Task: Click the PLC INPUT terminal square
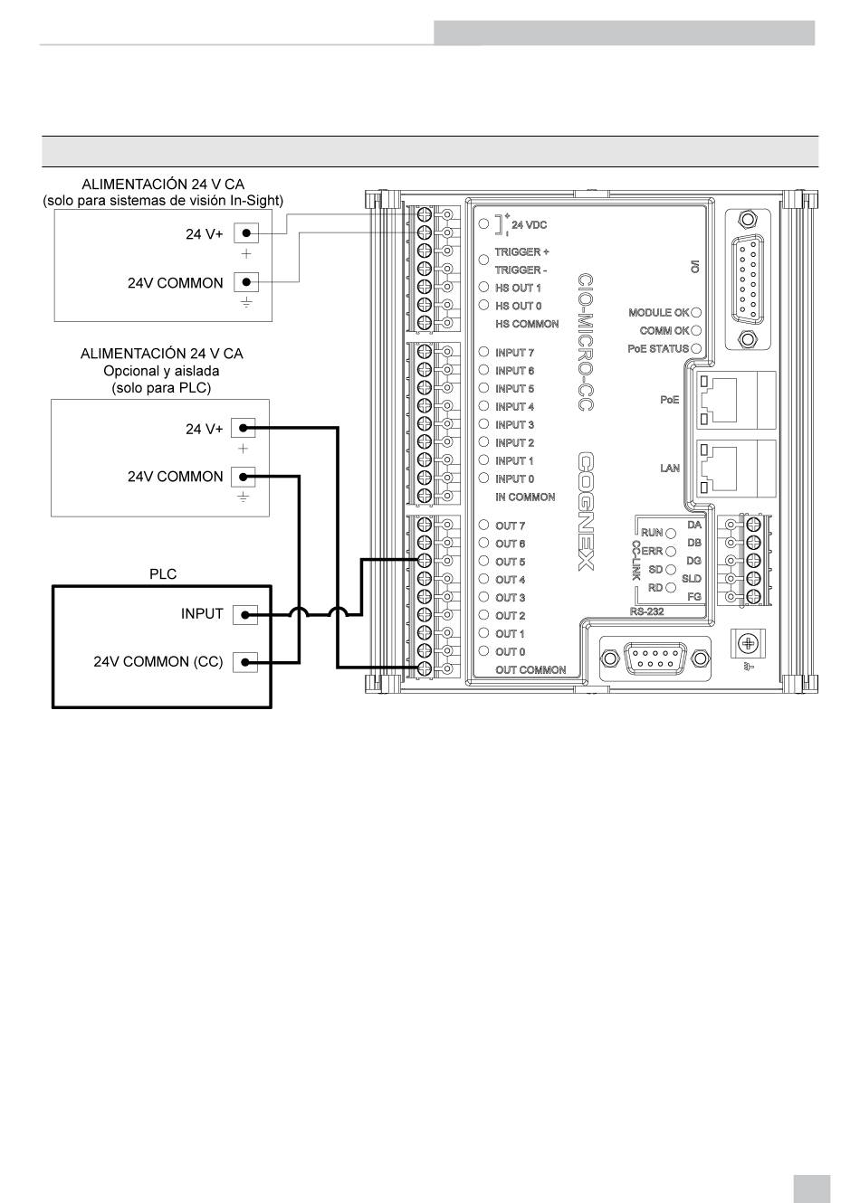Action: tap(244, 615)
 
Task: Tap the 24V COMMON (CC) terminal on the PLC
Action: tap(244, 662)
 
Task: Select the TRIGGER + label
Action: tap(521, 251)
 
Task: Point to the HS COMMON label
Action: tap(527, 324)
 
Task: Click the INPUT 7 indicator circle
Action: tap(483, 352)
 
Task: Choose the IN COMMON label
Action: tap(525, 497)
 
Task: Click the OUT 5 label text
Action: tap(510, 562)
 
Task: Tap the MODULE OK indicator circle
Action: tap(696, 313)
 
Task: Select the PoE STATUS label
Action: tap(658, 348)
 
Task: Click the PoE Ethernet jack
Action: tap(737, 400)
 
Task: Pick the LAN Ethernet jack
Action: tap(737, 469)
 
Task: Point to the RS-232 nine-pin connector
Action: tap(655, 658)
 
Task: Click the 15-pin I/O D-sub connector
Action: tap(747, 279)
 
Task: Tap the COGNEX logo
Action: tap(586, 511)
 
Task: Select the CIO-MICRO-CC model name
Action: tap(585, 343)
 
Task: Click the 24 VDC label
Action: tap(529, 225)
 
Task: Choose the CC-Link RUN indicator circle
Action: tap(671, 534)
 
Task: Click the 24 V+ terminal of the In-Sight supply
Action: tap(246, 233)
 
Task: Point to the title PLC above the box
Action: tap(163, 574)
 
